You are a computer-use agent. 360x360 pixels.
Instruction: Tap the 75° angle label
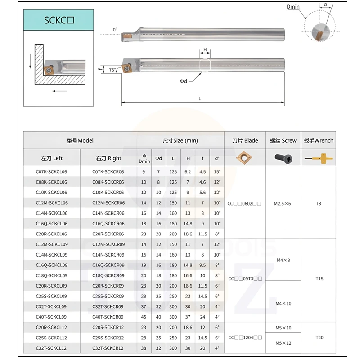click(112, 70)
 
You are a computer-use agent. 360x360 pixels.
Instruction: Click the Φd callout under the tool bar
click(184, 81)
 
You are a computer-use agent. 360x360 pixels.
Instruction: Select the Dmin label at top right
click(293, 7)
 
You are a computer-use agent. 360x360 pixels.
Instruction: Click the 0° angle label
click(115, 30)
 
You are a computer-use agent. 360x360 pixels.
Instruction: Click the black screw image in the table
click(283, 158)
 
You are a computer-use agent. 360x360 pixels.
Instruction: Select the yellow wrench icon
click(318, 158)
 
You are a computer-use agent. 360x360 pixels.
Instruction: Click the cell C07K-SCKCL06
click(51, 171)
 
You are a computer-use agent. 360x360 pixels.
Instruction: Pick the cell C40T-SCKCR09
click(108, 316)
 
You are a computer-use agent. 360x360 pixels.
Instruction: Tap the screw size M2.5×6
click(283, 203)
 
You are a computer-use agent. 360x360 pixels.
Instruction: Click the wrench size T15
click(319, 279)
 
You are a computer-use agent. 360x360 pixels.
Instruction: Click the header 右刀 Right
click(108, 158)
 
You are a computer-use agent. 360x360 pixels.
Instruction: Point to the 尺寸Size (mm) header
click(180, 140)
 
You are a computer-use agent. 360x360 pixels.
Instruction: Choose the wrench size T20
click(319, 337)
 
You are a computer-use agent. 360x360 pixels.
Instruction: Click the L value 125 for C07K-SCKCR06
click(173, 171)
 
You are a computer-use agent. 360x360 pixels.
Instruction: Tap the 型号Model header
click(80, 140)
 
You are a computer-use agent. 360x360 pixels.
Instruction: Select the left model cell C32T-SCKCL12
click(51, 348)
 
